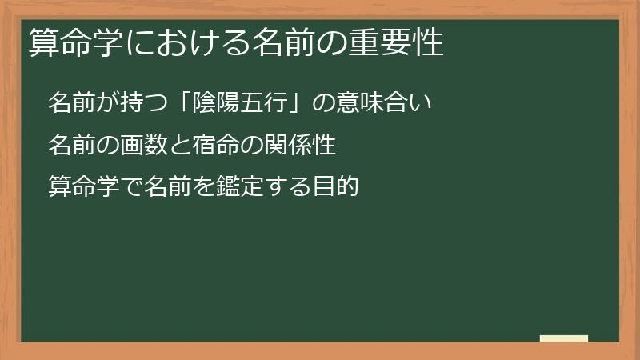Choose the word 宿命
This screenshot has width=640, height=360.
(x=209, y=145)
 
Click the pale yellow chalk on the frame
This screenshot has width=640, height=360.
(x=564, y=338)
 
